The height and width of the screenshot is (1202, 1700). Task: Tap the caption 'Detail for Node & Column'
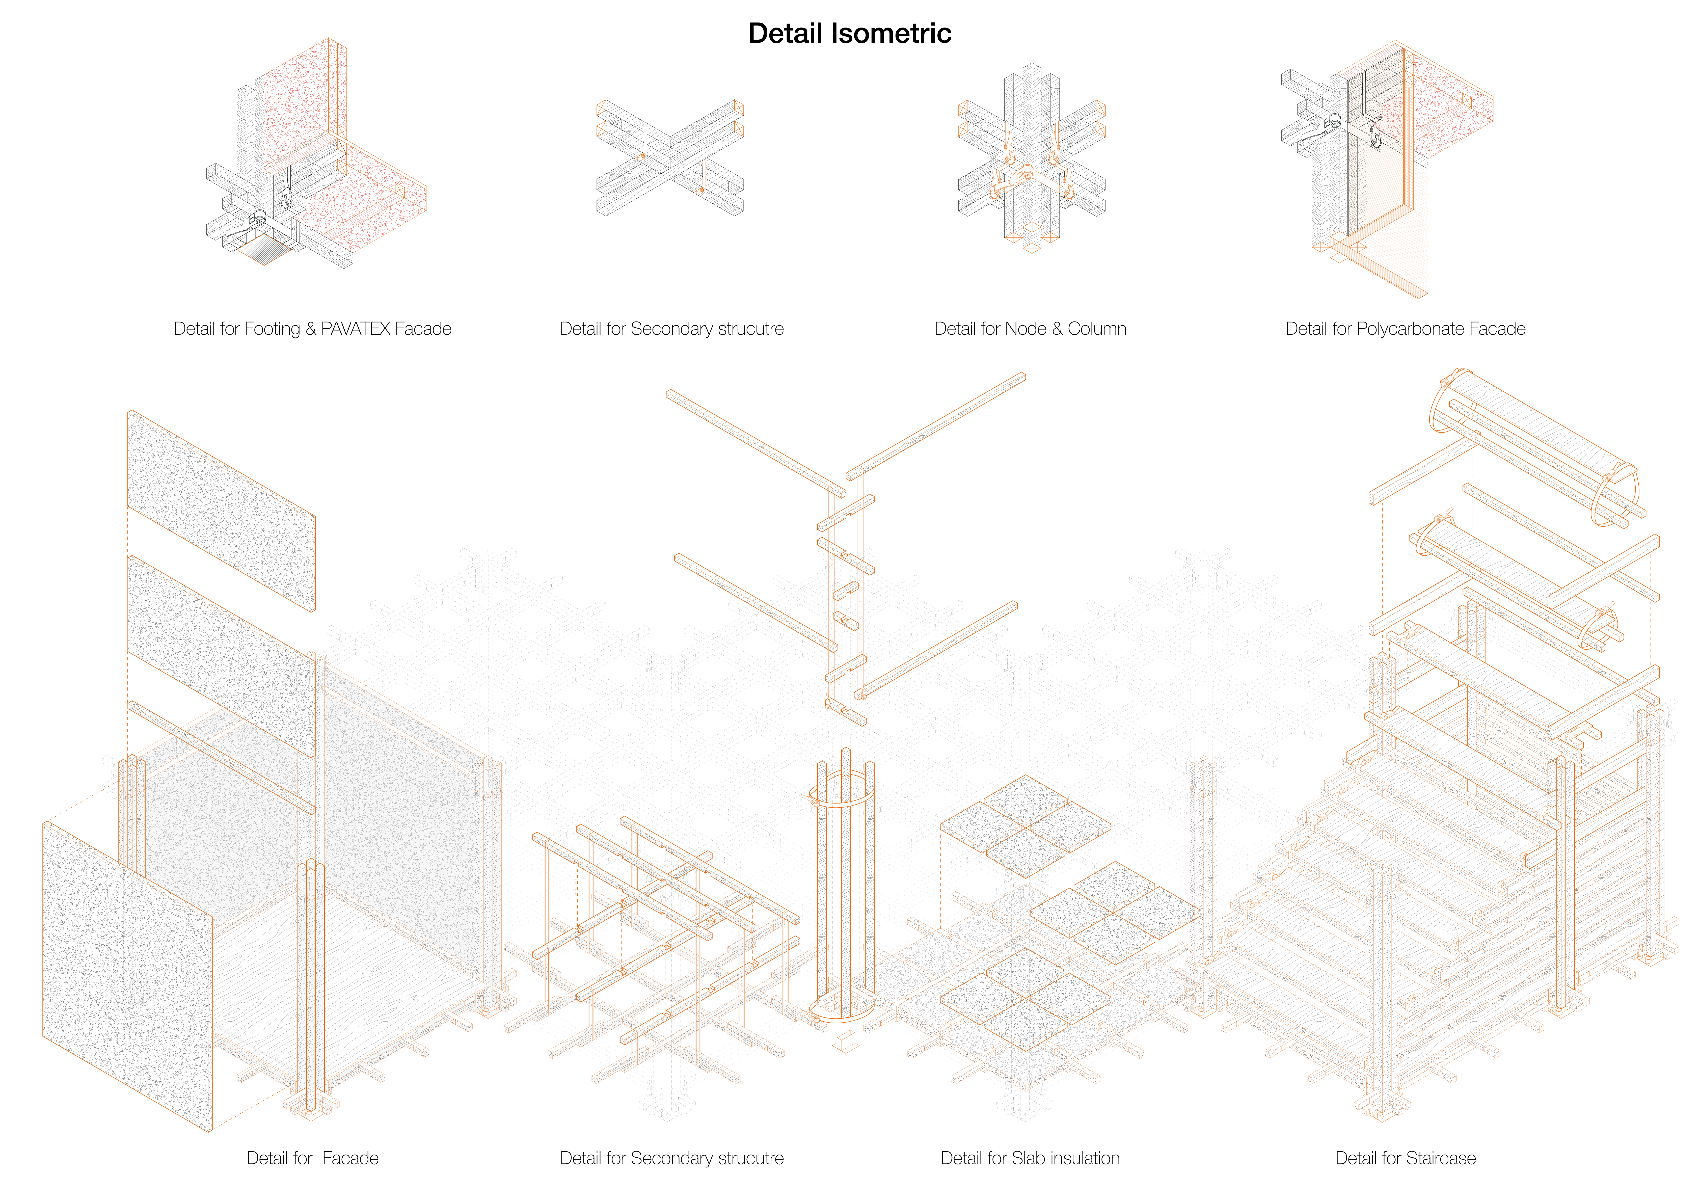[1030, 329]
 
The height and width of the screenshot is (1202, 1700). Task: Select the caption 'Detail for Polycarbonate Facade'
[1405, 329]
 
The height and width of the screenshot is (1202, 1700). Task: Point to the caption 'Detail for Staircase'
[1405, 1158]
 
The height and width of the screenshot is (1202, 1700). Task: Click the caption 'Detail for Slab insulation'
[1030, 1158]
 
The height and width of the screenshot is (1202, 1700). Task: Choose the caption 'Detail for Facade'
[312, 1158]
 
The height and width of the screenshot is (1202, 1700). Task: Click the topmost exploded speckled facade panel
[221, 511]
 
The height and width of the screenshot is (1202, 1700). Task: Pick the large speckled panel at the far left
[127, 976]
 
